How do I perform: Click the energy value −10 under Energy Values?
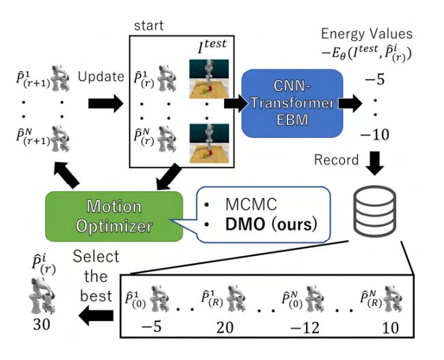(375, 135)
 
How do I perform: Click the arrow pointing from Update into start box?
(105, 104)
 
